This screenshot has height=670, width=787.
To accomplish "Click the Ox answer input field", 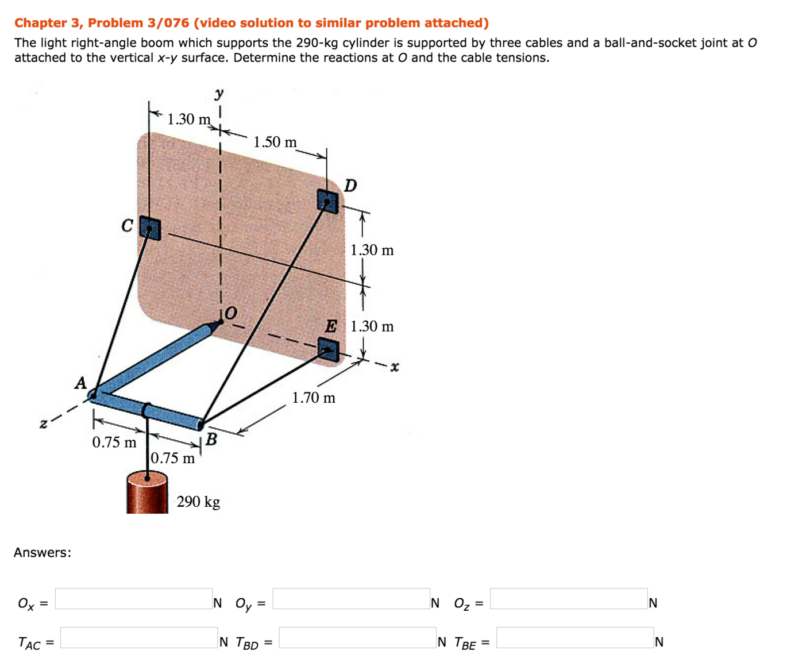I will (134, 599).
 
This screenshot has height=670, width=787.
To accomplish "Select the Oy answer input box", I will (351, 599).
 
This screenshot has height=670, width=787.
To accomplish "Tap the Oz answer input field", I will (569, 599).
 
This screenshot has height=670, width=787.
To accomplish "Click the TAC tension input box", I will (139, 637).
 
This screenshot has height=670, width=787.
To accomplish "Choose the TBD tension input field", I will (357, 637).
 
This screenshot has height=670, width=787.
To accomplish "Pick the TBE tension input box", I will (575, 637).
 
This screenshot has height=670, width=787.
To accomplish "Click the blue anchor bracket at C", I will (150, 229).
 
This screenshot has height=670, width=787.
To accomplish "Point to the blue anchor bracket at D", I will (327, 201).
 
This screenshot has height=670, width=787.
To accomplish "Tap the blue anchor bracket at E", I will (328, 349).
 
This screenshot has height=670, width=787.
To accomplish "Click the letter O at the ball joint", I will (230, 313).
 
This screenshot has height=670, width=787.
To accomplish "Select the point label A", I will (80, 383).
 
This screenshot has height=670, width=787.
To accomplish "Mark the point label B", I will (211, 440).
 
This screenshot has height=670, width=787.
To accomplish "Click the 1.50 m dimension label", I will (275, 142).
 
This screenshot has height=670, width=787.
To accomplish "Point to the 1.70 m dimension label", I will (314, 398).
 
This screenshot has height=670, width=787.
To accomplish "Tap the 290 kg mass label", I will (198, 502).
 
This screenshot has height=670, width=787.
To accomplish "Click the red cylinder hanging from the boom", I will (147, 494).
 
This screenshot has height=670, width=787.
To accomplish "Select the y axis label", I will (219, 93).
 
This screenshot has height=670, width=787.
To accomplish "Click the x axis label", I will (394, 367).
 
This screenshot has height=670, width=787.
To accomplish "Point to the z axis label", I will (43, 424).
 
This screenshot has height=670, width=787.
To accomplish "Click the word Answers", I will (43, 553).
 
